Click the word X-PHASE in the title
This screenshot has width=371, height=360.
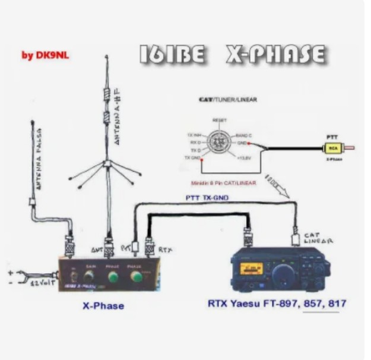(275, 55)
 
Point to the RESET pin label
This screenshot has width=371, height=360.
(219, 119)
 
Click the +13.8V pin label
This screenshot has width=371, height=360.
(245, 159)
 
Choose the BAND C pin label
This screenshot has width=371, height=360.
(244, 135)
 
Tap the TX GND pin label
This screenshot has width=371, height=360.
(191, 159)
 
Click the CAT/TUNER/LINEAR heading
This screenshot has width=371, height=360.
(227, 100)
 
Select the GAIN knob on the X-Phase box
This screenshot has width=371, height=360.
(89, 276)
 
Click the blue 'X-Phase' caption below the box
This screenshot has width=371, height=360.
(103, 306)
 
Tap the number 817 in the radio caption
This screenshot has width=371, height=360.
(337, 304)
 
